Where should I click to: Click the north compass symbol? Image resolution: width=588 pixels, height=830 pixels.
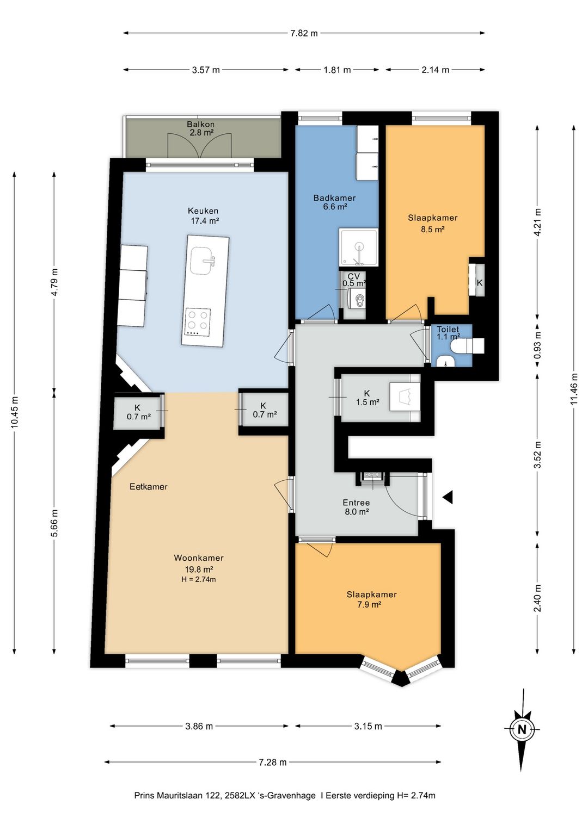[x=522, y=729]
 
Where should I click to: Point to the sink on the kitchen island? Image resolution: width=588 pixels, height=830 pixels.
[x=203, y=261]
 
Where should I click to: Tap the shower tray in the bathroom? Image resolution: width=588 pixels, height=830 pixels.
[x=358, y=247]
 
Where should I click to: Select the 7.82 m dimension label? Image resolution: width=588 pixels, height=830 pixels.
[x=304, y=33]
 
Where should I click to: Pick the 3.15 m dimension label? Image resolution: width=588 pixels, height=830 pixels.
[x=367, y=726]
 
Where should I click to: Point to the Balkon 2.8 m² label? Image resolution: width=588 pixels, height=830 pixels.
[x=200, y=128]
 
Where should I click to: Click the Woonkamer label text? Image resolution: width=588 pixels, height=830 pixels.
[x=199, y=558]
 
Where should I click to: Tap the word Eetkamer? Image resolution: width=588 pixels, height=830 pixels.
[x=149, y=486]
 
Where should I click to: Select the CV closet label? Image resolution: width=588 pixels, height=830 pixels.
[x=353, y=280]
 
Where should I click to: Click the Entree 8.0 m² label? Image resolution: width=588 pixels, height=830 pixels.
[x=356, y=507]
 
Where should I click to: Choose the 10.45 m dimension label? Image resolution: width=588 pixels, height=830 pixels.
[x=15, y=412]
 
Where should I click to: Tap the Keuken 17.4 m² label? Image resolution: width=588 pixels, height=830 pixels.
[x=203, y=215]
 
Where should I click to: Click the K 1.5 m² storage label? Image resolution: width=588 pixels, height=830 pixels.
[x=367, y=398]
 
